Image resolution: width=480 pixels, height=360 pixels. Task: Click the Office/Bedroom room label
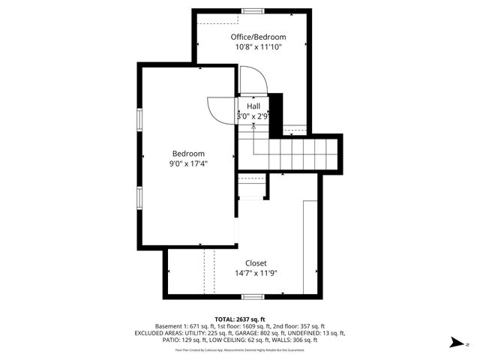click(258, 37)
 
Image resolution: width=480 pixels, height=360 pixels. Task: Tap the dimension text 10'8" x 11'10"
click(258, 46)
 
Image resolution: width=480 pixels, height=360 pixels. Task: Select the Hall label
click(253, 106)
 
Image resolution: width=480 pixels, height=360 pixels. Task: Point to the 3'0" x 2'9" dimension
click(253, 116)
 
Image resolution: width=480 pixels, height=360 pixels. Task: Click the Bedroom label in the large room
click(188, 153)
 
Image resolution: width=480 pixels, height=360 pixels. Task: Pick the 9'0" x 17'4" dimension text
click(188, 163)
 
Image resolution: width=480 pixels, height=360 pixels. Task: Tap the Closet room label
click(256, 263)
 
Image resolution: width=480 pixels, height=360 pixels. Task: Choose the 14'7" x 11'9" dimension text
click(256, 273)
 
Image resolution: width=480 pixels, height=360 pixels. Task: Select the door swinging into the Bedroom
click(221, 109)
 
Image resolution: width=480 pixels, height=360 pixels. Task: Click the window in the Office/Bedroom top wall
click(252, 10)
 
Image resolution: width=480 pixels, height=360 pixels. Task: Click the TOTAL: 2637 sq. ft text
click(239, 319)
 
